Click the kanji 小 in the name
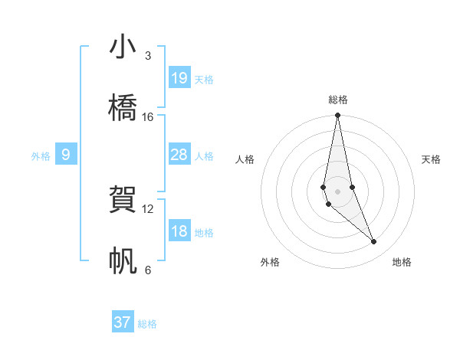[123, 47]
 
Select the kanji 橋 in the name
[123, 108]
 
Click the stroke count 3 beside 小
[148, 56]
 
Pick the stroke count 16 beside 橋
[148, 116]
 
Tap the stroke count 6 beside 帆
[148, 270]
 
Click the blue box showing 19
[179, 77]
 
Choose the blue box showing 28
[179, 155]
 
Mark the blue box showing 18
[179, 231]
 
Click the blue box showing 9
[66, 155]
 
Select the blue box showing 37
[123, 322]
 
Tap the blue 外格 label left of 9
[41, 156]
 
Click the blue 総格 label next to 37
[147, 324]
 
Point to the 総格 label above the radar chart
[337, 100]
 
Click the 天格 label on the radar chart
[431, 159]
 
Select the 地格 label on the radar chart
[402, 262]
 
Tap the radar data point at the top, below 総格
[337, 116]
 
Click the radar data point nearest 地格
[374, 242]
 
